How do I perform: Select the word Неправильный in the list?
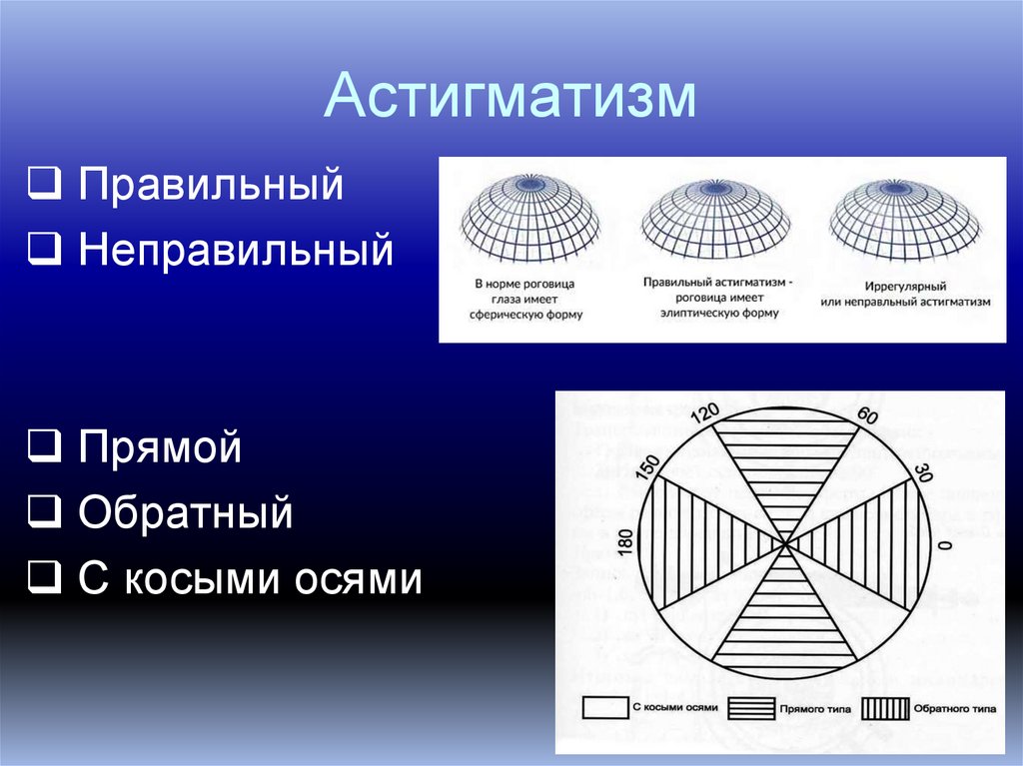[236, 249]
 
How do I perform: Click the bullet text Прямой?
[161, 446]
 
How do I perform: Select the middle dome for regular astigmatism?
[715, 215]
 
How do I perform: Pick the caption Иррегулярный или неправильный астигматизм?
[905, 293]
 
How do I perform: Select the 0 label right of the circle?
[942, 546]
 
